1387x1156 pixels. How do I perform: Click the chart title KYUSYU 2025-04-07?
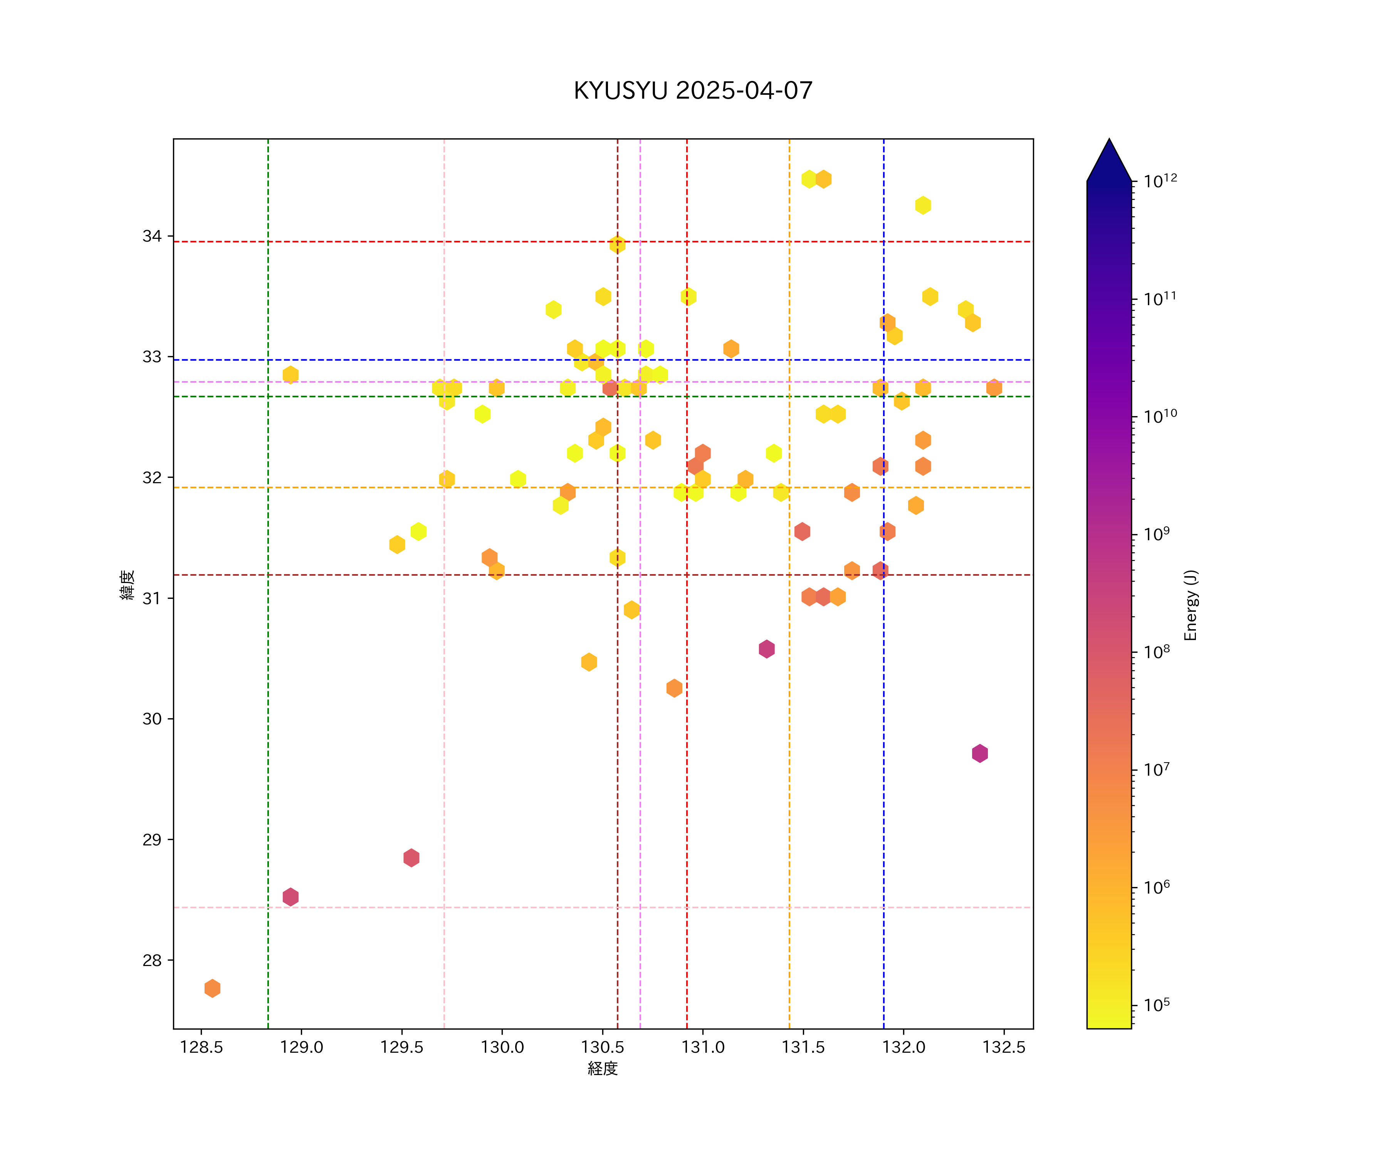(693, 91)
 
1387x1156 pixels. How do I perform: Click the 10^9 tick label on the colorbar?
(1157, 534)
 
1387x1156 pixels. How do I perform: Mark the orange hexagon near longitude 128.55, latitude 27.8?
(212, 988)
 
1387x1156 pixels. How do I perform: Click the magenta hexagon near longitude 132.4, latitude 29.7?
(979, 753)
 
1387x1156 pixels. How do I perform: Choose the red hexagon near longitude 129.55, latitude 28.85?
(411, 857)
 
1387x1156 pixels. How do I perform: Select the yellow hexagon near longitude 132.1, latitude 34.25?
(923, 205)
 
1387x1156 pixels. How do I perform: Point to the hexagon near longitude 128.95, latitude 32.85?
(290, 375)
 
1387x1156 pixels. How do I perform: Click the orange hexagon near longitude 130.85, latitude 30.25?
(674, 688)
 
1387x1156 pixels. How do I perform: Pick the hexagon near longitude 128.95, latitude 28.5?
(290, 896)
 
